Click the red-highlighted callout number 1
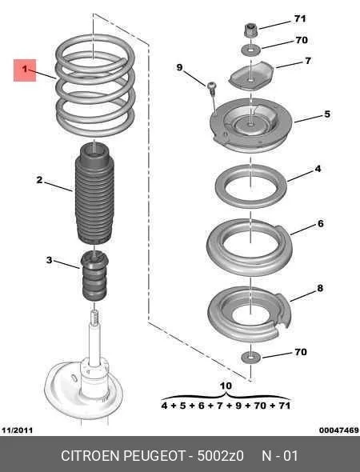tap(25, 70)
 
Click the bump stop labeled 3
tap(94, 276)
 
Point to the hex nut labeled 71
tap(250, 30)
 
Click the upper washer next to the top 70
tap(250, 50)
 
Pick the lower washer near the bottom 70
tap(250, 358)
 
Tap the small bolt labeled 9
tap(211, 86)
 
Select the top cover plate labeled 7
tap(251, 76)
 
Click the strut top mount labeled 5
tap(251, 126)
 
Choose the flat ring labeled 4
tap(250, 186)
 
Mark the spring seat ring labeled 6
tap(250, 247)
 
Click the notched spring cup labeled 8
tap(250, 314)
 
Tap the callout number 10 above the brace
tap(226, 386)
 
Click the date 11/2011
tap(17, 430)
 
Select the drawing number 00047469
tap(339, 430)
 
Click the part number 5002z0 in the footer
tap(220, 456)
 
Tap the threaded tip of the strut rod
tap(94, 317)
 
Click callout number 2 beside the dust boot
tap(39, 180)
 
